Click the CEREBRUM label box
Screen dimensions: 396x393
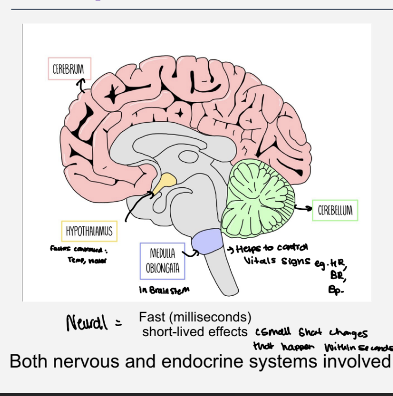pyautogui.click(x=69, y=69)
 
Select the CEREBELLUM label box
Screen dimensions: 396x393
pyautogui.click(x=335, y=210)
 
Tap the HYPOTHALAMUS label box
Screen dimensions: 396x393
pyautogui.click(x=89, y=232)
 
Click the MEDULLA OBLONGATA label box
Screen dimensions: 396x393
pyautogui.click(x=163, y=262)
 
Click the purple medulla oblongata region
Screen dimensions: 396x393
pyautogui.click(x=208, y=241)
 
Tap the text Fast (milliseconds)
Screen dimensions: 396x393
pyautogui.click(x=195, y=317)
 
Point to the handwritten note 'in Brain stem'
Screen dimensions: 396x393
pyautogui.click(x=163, y=290)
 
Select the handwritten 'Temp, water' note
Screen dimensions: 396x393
pyautogui.click(x=83, y=260)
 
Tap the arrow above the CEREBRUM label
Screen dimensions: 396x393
pyautogui.click(x=81, y=84)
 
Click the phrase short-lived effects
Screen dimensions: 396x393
pyautogui.click(x=194, y=331)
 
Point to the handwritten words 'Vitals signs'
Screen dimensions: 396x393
pyautogui.click(x=276, y=262)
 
